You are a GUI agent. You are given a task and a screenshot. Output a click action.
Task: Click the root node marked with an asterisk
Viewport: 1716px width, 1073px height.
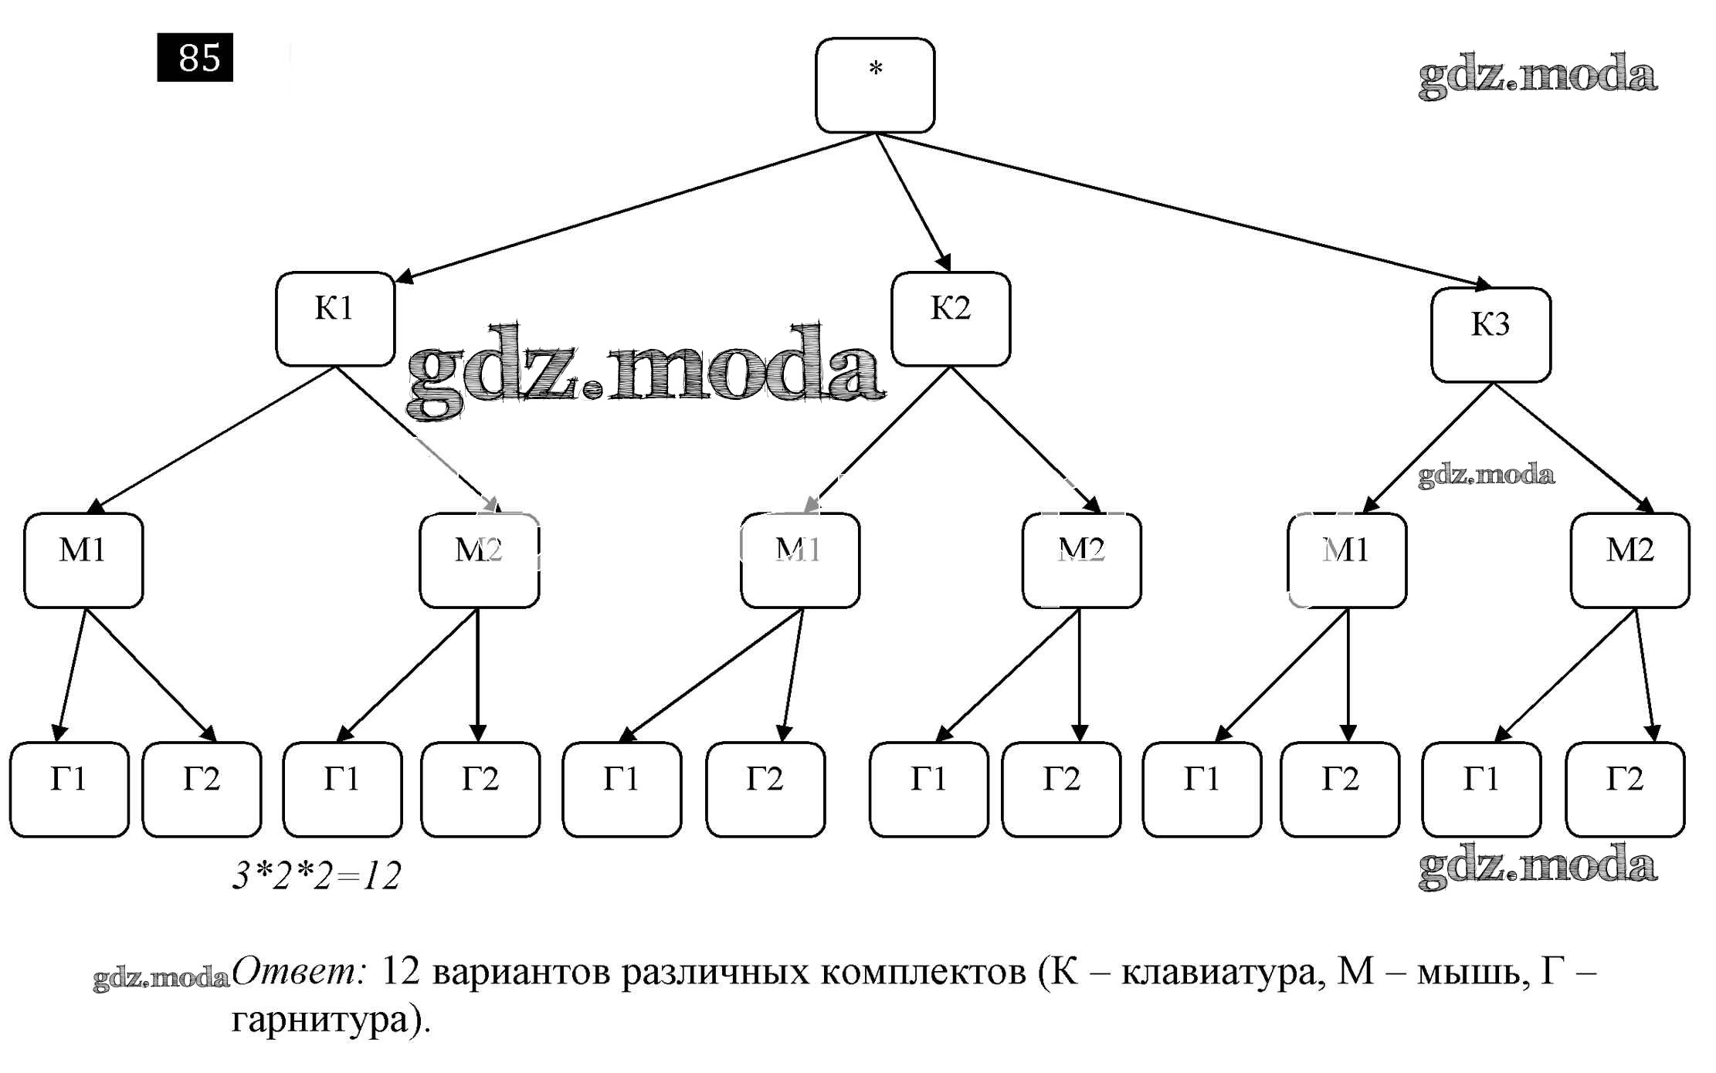coord(875,86)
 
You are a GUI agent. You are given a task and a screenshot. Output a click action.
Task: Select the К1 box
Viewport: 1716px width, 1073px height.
coord(335,319)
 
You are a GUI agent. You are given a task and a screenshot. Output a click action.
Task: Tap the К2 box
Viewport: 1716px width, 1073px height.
coord(951,319)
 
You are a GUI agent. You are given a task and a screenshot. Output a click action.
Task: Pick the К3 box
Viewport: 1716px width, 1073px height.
coord(1490,335)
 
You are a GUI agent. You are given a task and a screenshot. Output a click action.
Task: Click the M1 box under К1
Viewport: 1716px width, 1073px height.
coord(83,560)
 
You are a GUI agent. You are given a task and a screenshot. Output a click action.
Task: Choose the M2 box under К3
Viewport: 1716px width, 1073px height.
coord(1630,560)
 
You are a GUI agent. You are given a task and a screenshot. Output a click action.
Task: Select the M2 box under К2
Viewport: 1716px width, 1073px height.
coord(1081,560)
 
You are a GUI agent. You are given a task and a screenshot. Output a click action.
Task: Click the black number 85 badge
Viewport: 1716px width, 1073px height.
coord(195,58)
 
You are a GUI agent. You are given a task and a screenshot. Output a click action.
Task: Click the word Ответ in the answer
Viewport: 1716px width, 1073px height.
coord(298,972)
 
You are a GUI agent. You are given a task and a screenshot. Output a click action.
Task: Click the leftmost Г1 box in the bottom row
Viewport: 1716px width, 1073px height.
coord(70,790)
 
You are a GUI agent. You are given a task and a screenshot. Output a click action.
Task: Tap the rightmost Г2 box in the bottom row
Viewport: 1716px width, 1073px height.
coord(1625,790)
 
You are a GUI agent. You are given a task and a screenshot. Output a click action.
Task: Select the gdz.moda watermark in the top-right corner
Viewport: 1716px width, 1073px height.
coord(1537,76)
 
